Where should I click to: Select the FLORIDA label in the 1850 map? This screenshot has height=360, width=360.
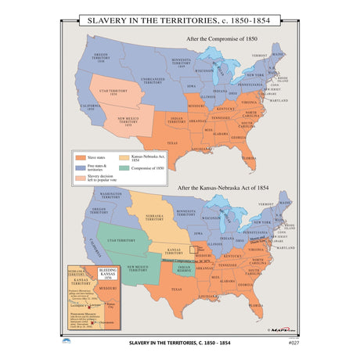pos(248,159)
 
